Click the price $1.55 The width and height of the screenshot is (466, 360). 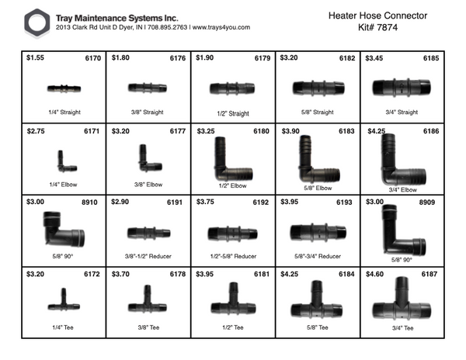point(36,58)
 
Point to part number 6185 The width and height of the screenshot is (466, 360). point(429,58)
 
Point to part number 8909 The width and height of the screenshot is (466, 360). point(429,202)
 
